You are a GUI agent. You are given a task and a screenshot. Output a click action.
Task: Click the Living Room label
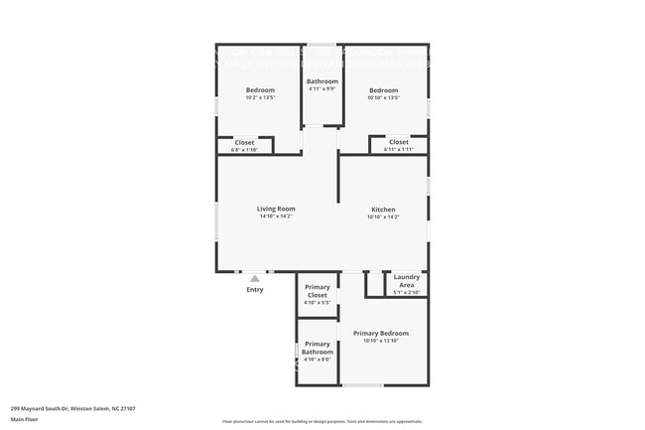[x=276, y=209]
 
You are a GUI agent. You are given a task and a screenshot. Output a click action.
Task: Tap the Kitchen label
[x=383, y=210]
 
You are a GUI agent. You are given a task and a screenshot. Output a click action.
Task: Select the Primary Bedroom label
[x=380, y=333]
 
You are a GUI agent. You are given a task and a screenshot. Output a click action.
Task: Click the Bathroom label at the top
[x=322, y=81]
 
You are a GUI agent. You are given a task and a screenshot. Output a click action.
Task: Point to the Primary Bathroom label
[x=318, y=348]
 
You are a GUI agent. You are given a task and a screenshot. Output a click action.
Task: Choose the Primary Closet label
[x=317, y=291]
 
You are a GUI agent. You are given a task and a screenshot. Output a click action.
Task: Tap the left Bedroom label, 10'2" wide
[x=260, y=89]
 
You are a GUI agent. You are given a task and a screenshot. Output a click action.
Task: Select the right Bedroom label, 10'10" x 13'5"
[x=383, y=89]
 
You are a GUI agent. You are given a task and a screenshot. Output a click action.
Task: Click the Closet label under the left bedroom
[x=244, y=142]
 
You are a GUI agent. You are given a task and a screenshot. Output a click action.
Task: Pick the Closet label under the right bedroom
[x=398, y=142]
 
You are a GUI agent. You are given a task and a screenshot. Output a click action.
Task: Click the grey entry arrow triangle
[x=255, y=278]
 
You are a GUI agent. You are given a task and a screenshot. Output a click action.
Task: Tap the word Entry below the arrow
[x=255, y=289]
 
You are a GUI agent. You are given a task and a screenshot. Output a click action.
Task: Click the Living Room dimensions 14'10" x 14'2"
[x=276, y=216]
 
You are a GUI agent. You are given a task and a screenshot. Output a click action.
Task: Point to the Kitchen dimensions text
[x=383, y=217]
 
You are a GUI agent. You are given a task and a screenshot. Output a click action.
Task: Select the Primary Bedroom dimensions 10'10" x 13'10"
[x=380, y=341]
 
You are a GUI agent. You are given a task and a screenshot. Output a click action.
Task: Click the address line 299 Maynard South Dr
[x=73, y=407]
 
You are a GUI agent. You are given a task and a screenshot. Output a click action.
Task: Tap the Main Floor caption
[x=26, y=420]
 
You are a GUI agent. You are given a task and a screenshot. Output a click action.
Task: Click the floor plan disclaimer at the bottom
[x=322, y=422]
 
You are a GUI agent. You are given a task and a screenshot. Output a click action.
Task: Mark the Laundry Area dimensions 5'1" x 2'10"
[x=407, y=293]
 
